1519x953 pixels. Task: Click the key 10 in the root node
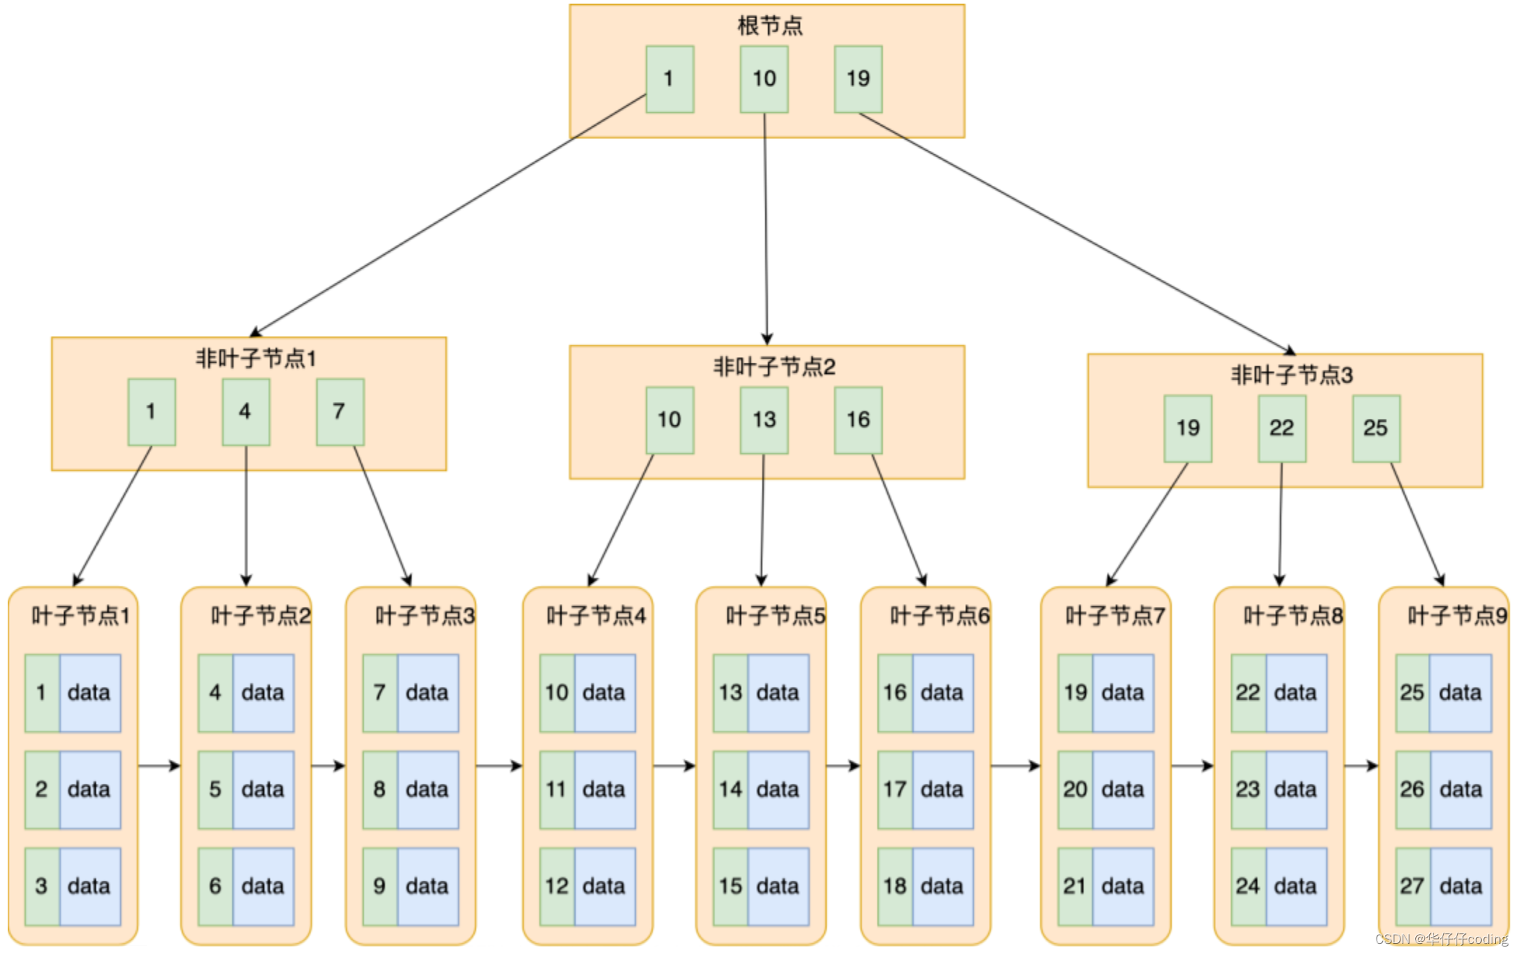[x=764, y=79]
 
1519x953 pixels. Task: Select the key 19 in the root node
[x=858, y=79]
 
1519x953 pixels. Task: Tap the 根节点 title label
[x=769, y=26]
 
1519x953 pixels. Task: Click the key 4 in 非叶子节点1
[x=245, y=412]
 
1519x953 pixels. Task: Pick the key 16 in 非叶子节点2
[x=858, y=420]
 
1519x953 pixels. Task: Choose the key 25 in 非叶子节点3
[x=1375, y=428]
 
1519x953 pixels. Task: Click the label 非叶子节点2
[x=774, y=366]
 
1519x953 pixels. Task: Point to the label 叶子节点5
[x=776, y=616]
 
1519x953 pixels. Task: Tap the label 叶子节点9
[x=1457, y=616]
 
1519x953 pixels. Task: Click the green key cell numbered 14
[x=730, y=789]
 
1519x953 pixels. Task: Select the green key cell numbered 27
[x=1412, y=886]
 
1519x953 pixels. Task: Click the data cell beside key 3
[x=90, y=886]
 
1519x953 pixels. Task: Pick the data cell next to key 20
[x=1123, y=789]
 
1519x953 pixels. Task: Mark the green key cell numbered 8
[x=379, y=789]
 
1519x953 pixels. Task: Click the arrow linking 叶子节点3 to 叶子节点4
[x=499, y=766]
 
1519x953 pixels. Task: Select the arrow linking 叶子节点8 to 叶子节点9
[x=1361, y=766]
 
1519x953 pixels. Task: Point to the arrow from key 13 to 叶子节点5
[x=762, y=519]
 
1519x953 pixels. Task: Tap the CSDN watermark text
[x=1440, y=939]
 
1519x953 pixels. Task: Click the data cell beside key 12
[x=605, y=886]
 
